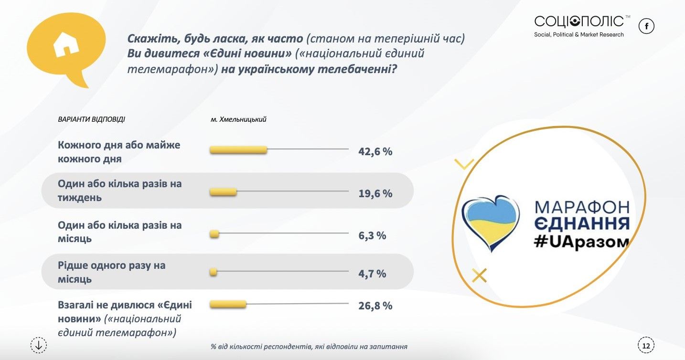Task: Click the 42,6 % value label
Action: tap(375, 152)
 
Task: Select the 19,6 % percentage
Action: tap(375, 193)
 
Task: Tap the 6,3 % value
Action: tap(372, 235)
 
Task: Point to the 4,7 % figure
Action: tap(372, 274)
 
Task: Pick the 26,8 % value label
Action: tap(375, 306)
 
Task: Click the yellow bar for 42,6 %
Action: tap(238, 150)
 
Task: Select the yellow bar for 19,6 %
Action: tap(224, 192)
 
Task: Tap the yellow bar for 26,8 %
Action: tap(228, 304)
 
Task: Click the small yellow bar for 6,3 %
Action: tap(214, 234)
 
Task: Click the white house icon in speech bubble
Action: tap(66, 45)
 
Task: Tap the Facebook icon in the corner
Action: tap(646, 26)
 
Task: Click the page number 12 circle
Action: tap(646, 345)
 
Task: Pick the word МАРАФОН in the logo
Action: tap(582, 207)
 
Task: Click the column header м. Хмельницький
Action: tap(238, 119)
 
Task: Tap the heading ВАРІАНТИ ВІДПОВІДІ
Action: tap(91, 119)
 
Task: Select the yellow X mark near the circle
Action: tap(479, 275)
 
